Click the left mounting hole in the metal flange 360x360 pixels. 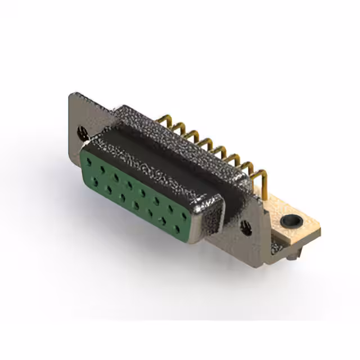[x=82, y=132]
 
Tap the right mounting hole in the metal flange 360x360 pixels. [x=245, y=228]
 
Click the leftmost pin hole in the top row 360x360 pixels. [x=89, y=161]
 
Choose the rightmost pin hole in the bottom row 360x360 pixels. [x=178, y=229]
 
